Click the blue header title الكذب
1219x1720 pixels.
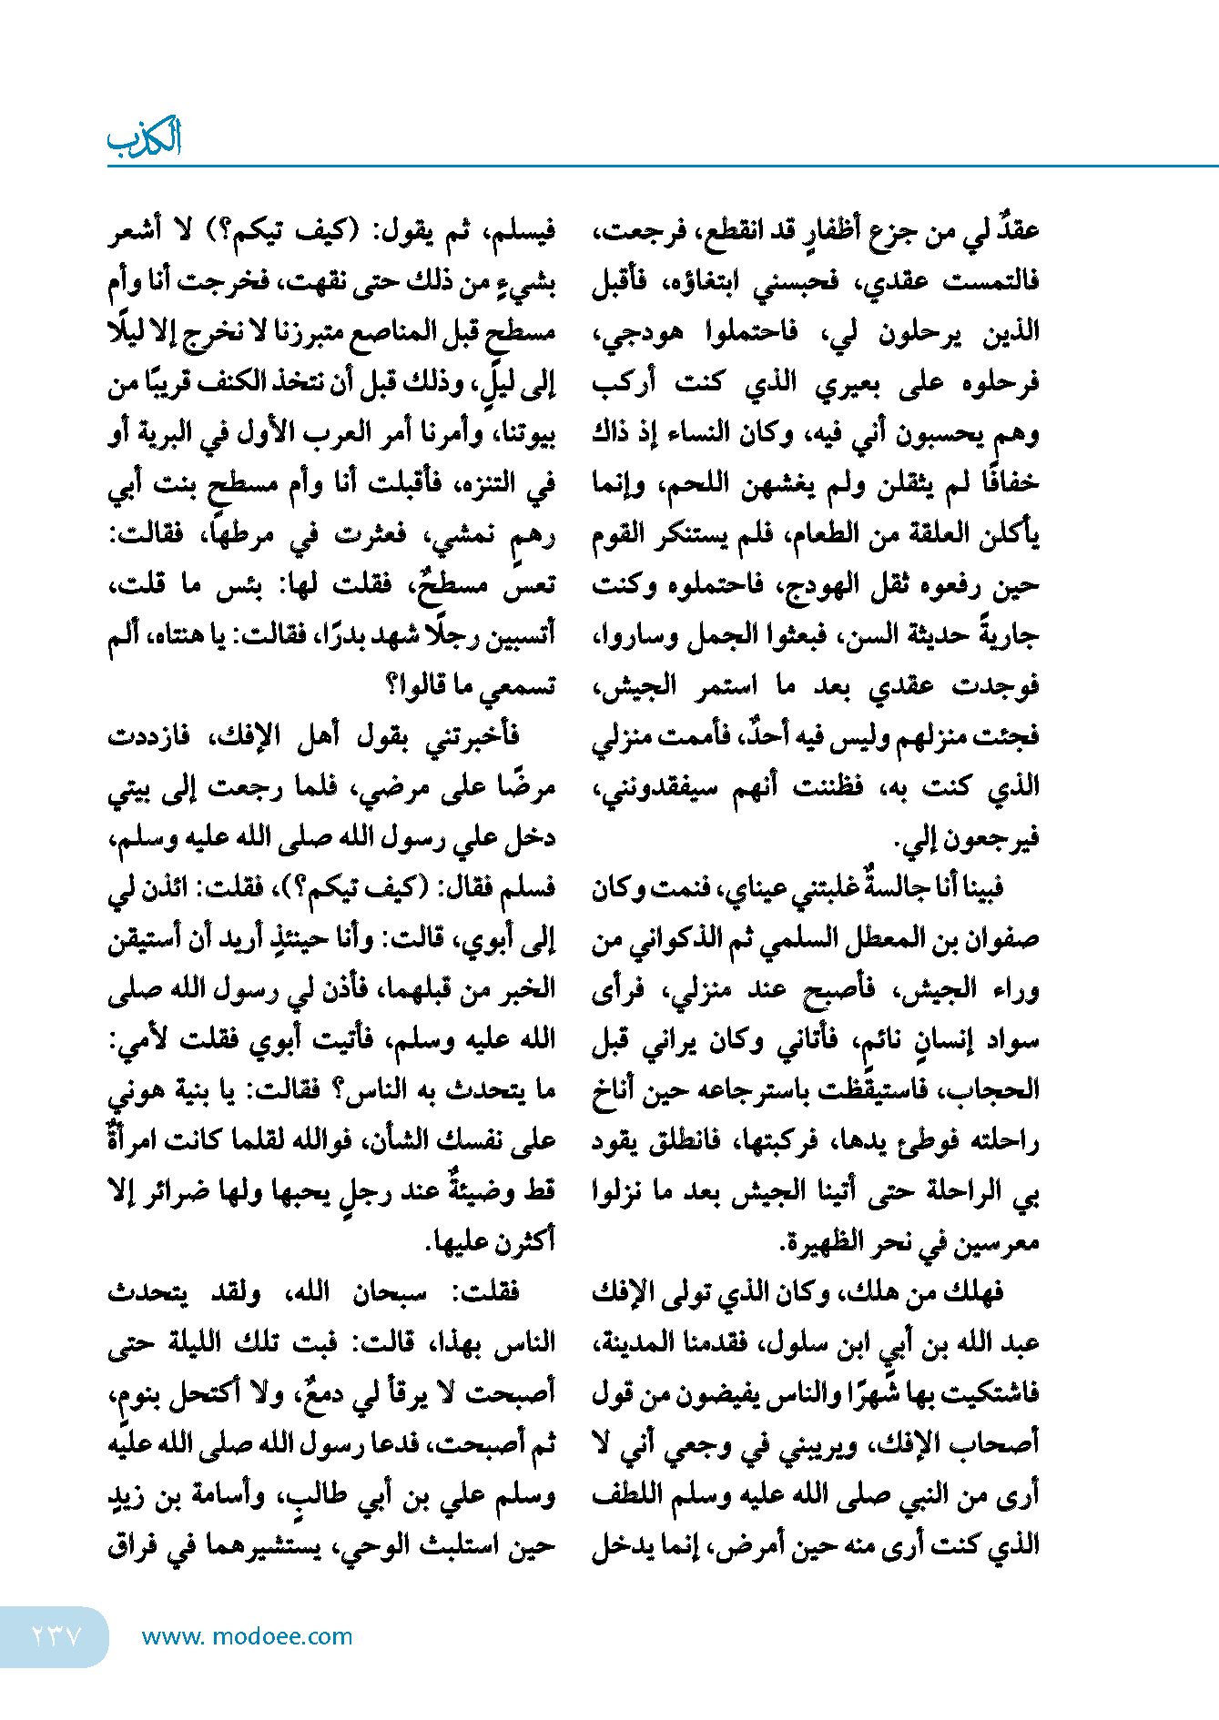(145, 138)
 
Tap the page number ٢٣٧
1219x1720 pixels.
(56, 1635)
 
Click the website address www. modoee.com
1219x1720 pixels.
(247, 1636)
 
